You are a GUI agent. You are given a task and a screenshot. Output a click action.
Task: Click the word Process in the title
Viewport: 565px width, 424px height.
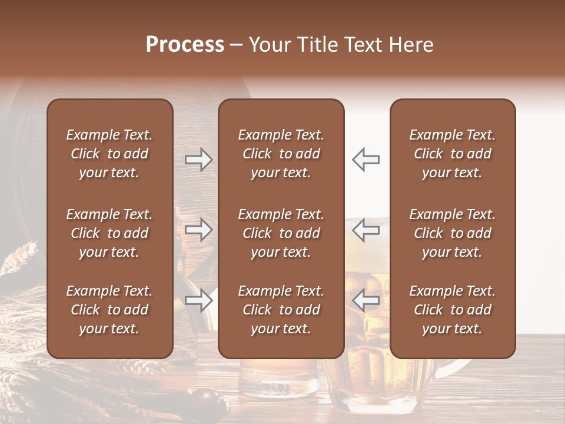[185, 45]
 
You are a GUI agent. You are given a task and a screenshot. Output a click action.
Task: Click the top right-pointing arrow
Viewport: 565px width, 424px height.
[198, 160]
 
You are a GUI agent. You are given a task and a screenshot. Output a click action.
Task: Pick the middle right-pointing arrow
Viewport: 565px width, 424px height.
[198, 229]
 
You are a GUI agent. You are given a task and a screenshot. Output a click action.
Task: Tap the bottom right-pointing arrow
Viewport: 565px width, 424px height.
[198, 300]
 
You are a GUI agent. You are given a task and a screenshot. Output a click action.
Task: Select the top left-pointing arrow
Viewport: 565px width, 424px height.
[365, 160]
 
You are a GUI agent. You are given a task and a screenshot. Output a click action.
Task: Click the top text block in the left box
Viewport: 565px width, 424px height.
[109, 154]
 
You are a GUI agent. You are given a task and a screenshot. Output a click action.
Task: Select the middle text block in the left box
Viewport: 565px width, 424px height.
[109, 233]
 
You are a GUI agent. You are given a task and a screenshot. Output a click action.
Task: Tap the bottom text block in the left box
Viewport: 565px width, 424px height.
[109, 310]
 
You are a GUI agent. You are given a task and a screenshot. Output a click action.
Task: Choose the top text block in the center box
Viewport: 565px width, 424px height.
[281, 154]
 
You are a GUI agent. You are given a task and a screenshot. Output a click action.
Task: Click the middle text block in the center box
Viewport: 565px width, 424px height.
[281, 233]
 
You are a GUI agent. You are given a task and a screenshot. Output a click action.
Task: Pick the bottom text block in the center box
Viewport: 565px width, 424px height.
[281, 310]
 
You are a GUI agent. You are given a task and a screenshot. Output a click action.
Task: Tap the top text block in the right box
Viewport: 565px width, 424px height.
[453, 154]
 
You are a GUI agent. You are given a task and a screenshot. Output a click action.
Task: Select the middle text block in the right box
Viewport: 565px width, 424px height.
[453, 233]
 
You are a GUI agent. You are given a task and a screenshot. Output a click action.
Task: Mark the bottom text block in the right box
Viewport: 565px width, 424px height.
[453, 310]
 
